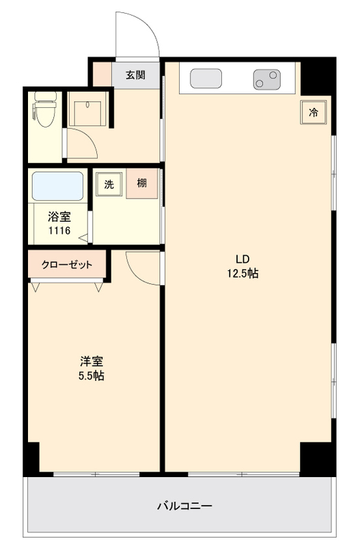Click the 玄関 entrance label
tap(135, 75)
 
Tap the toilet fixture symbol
tap(46, 111)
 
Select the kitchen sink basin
tap(206, 79)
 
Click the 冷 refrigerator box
tap(313, 113)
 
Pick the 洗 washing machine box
tap(109, 183)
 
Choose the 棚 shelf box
tap(141, 183)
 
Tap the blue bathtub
tap(58, 186)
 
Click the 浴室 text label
tap(59, 218)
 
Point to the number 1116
tap(59, 231)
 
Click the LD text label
tap(243, 259)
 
